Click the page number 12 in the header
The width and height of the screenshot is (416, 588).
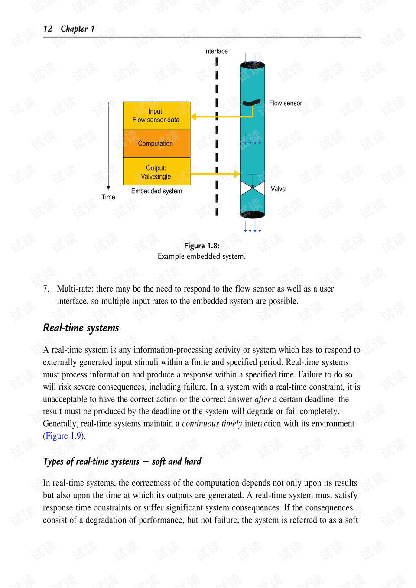[x=48, y=29]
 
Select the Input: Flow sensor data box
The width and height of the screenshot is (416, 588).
[x=156, y=116]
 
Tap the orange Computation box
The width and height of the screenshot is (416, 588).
[x=156, y=143]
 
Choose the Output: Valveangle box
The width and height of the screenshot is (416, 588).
[x=156, y=172]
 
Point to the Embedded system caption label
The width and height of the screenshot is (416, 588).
[x=156, y=191]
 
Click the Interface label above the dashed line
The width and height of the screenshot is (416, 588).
[x=216, y=51]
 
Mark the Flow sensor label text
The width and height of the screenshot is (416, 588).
[x=285, y=103]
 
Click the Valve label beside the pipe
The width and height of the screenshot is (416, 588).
[x=278, y=189]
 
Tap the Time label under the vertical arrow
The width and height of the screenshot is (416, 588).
[x=108, y=197]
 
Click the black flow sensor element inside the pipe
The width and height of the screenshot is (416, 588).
[x=251, y=103]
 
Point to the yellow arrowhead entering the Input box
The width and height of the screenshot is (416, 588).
[x=194, y=117]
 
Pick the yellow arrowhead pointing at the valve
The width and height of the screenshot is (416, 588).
[x=237, y=174]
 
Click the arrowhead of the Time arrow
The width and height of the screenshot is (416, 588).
[x=108, y=188]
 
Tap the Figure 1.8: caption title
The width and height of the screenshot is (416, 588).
[x=201, y=246]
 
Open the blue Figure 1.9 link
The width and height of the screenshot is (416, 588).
[x=63, y=436]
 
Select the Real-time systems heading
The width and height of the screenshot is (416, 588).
[x=81, y=328]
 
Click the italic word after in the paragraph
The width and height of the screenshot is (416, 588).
[x=262, y=399]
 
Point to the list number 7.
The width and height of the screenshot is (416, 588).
[x=46, y=289]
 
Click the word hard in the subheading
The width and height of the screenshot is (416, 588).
[x=193, y=461]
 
